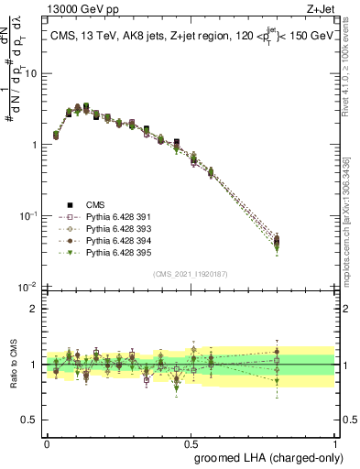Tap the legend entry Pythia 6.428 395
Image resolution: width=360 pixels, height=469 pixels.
coord(113,251)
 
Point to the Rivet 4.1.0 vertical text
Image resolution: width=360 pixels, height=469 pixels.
coord(351,73)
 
